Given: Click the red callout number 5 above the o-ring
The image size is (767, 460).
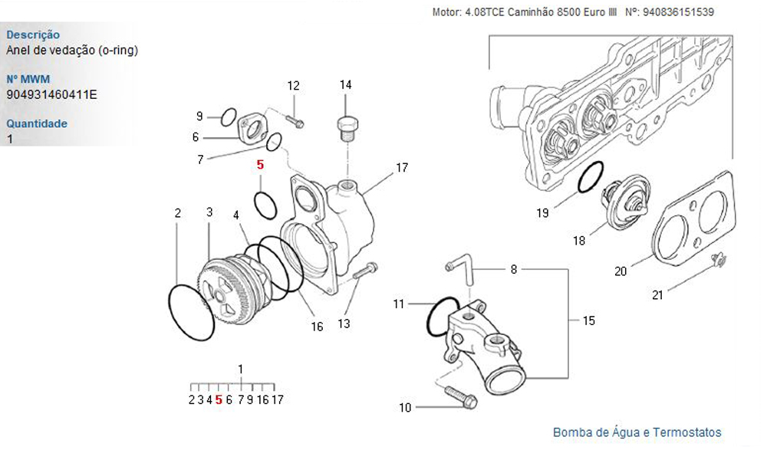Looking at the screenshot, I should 260,165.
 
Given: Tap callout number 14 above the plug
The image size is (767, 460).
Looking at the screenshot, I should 345,84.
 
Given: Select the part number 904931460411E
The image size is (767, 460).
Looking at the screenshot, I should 51,95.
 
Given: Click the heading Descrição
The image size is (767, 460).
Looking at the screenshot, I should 32,34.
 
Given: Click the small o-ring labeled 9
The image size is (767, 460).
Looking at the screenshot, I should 227,117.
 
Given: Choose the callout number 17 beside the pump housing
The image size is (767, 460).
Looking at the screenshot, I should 402,167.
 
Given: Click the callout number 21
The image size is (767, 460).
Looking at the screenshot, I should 658,294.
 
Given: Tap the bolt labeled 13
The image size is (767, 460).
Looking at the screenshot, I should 367,270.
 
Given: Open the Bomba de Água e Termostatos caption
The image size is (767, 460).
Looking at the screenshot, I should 637,432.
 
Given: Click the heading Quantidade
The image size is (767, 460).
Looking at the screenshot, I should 37,123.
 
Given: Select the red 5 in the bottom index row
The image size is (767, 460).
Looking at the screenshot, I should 219,399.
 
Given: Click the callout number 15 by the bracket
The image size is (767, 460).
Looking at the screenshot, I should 588,320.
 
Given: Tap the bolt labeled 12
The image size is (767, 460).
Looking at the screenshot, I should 295,120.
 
